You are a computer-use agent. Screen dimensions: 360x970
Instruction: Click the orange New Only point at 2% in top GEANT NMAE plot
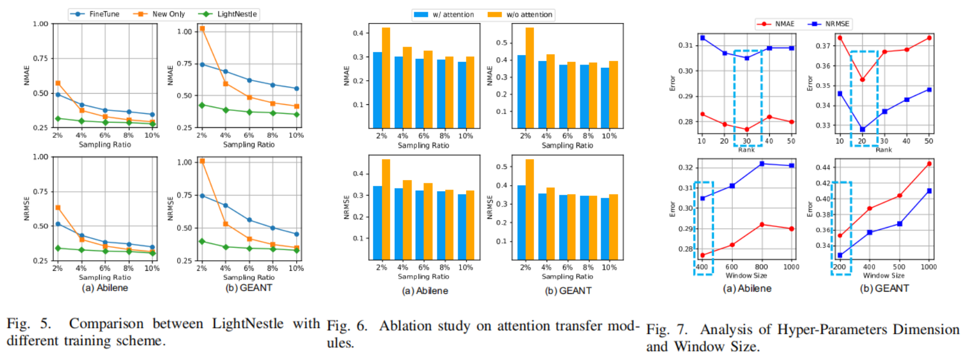[x=202, y=29]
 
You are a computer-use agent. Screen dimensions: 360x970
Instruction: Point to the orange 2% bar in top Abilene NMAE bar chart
[x=386, y=77]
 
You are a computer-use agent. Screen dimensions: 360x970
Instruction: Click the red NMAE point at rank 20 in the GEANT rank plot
[x=862, y=80]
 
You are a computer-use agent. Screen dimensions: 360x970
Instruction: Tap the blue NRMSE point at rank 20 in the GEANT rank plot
[x=862, y=130]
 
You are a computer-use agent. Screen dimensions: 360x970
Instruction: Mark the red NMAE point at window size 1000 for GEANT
[x=929, y=164]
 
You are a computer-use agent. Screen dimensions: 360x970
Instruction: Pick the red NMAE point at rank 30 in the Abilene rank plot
[x=746, y=130]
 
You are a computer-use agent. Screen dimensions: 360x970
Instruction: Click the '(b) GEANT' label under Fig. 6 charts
[x=568, y=290]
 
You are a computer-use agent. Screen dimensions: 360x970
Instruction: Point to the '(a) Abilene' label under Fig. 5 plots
[x=105, y=288]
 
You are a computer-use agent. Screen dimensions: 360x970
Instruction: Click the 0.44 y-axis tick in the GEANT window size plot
[x=823, y=168]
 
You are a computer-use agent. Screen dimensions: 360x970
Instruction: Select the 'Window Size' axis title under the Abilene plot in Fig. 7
[x=746, y=275]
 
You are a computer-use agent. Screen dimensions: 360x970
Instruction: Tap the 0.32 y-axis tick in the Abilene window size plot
[x=686, y=168]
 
